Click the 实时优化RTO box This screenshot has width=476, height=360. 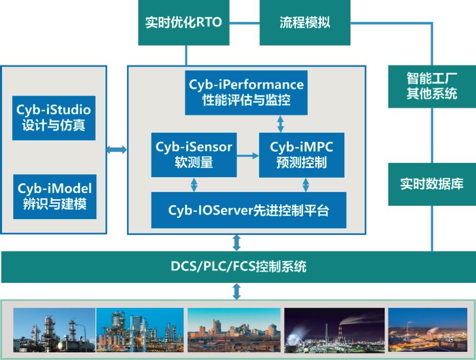coord(184,23)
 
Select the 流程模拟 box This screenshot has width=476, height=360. coord(305,23)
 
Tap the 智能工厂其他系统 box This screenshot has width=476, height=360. coord(431,86)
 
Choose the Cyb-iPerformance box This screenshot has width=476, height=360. coord(246,92)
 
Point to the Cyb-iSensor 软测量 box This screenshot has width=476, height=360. coord(194,155)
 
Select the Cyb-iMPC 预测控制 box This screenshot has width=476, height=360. coord(301,155)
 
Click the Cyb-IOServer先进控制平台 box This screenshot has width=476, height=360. coord(249,210)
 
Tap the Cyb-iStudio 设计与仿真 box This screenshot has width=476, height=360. coord(54,118)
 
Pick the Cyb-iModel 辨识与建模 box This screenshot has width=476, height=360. coord(54,197)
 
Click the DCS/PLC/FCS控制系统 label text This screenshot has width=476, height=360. coord(239,267)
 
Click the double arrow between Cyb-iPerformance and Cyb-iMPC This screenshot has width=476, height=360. coord(280,123)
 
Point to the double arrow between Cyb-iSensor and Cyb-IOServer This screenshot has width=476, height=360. coord(193,185)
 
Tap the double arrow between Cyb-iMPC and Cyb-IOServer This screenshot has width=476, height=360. coord(306,185)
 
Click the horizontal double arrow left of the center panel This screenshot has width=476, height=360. coord(117,149)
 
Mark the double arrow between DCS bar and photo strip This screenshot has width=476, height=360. coord(236,292)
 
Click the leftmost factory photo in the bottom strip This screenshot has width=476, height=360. coord(54,329)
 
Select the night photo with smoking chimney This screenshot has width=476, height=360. coord(334,329)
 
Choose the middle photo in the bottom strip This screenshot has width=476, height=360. coord(234,329)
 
